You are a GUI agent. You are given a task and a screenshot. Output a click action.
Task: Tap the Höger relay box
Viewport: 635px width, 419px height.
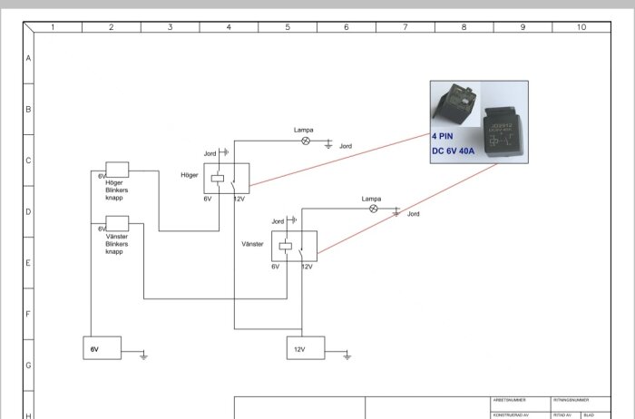point(226,178)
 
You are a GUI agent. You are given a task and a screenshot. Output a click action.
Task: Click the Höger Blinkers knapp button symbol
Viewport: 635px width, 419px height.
point(118,170)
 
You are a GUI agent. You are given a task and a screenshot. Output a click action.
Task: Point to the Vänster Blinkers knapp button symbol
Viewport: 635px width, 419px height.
point(118,222)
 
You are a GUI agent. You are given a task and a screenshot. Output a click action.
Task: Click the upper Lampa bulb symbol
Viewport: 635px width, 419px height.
point(306,141)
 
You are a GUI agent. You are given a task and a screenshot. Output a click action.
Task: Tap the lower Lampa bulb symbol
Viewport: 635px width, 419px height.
point(372,208)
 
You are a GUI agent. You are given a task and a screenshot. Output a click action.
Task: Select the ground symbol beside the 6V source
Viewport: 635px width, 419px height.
point(143,356)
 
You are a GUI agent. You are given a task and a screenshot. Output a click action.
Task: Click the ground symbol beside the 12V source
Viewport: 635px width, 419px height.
point(347,356)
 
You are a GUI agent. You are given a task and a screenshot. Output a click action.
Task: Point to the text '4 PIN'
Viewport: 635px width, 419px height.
point(444,136)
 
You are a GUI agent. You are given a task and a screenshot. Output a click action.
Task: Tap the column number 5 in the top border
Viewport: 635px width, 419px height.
point(288,27)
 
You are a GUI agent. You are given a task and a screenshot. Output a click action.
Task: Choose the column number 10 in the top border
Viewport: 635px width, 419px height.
point(581,27)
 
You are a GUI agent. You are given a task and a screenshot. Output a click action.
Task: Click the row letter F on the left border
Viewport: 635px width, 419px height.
point(28,315)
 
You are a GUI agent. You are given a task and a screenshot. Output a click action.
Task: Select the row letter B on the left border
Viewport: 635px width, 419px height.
point(28,109)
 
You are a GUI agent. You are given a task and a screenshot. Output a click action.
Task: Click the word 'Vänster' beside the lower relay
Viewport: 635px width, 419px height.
point(253,244)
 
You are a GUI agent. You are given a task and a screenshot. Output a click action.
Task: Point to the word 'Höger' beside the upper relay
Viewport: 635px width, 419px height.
point(190,174)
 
